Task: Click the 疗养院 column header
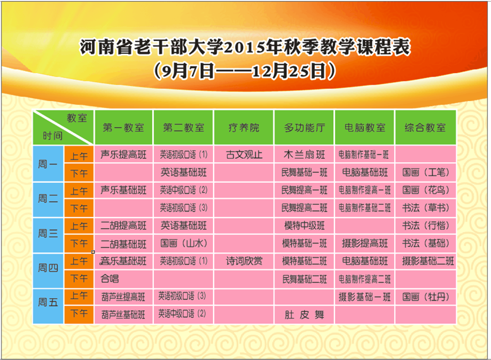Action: coord(244,128)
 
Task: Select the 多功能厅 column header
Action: coord(304,128)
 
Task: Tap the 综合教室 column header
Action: coord(425,128)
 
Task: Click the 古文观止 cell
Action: coord(244,155)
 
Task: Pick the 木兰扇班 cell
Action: coord(304,155)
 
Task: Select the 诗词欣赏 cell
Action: coord(244,261)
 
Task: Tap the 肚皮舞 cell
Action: coord(304,315)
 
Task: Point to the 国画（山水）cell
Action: coord(184,243)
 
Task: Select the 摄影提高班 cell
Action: coord(365,243)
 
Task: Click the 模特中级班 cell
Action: coord(304,226)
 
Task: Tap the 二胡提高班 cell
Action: coord(123,226)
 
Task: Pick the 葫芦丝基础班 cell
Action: coord(123,315)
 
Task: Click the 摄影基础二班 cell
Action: coord(428,261)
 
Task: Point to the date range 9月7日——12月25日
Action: coord(245,71)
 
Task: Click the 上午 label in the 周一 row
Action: coord(79,156)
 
